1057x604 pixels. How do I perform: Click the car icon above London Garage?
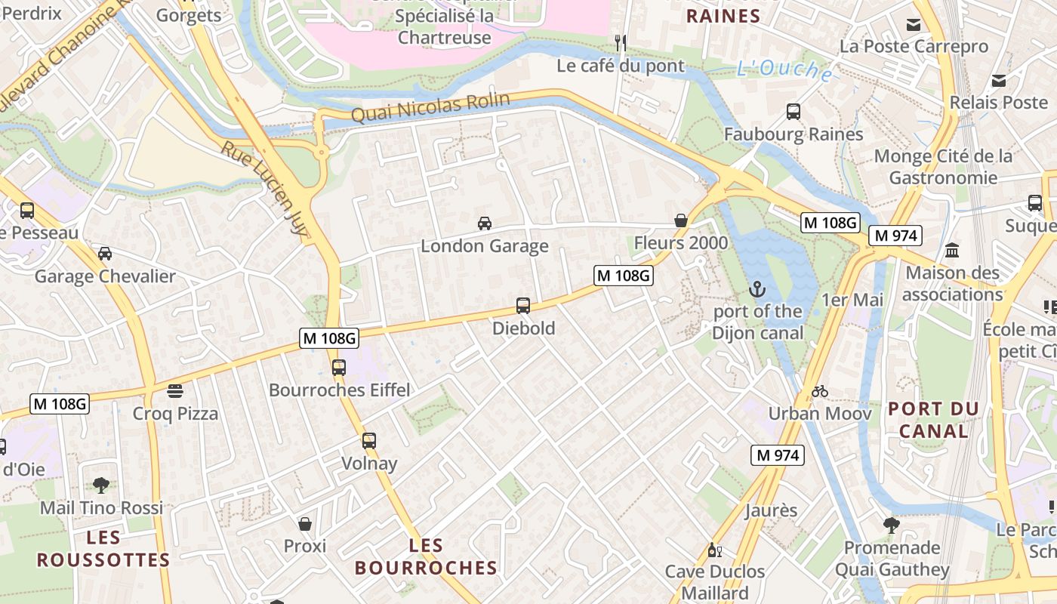click(x=485, y=223)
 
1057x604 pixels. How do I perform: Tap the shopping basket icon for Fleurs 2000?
click(x=681, y=220)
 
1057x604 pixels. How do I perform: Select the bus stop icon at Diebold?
click(x=523, y=306)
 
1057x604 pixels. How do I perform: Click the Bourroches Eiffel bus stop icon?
click(x=339, y=368)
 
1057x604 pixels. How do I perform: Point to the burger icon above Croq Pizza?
click(x=175, y=391)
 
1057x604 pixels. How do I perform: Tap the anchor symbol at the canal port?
click(x=757, y=288)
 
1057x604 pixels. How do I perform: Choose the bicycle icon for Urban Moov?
click(x=820, y=391)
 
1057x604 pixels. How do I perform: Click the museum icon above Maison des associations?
click(x=952, y=250)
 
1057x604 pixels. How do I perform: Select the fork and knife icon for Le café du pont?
click(x=621, y=43)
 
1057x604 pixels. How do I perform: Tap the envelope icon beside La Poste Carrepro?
click(x=914, y=24)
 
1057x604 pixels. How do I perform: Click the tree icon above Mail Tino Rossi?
click(x=101, y=485)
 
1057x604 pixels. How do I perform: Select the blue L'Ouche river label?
click(x=785, y=70)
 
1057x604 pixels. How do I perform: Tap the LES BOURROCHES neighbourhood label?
click(x=426, y=556)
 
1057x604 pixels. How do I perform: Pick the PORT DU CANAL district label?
click(x=933, y=420)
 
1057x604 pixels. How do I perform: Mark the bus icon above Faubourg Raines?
click(x=794, y=112)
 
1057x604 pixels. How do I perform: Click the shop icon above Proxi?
click(x=305, y=523)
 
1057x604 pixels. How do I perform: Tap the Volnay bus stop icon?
click(x=369, y=441)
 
